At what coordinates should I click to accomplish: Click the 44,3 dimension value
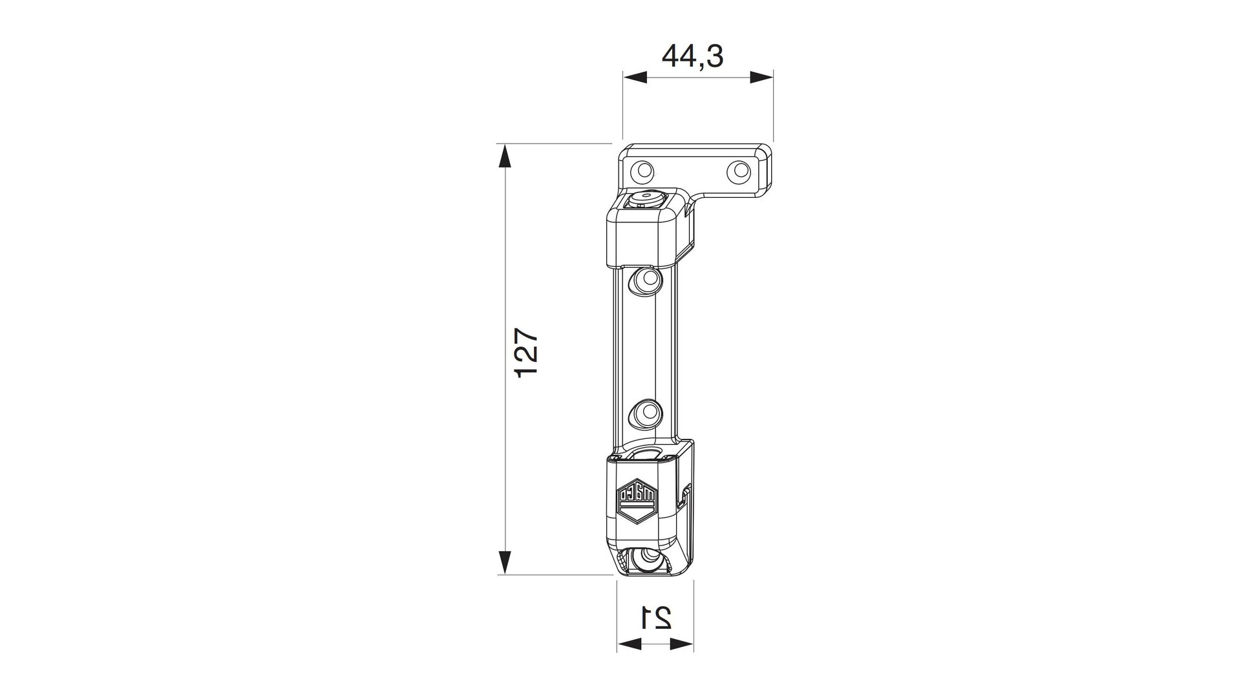point(692,57)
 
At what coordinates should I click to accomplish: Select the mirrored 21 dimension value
point(655,617)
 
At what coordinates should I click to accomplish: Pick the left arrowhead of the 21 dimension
point(629,644)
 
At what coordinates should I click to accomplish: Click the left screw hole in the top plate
point(644,171)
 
